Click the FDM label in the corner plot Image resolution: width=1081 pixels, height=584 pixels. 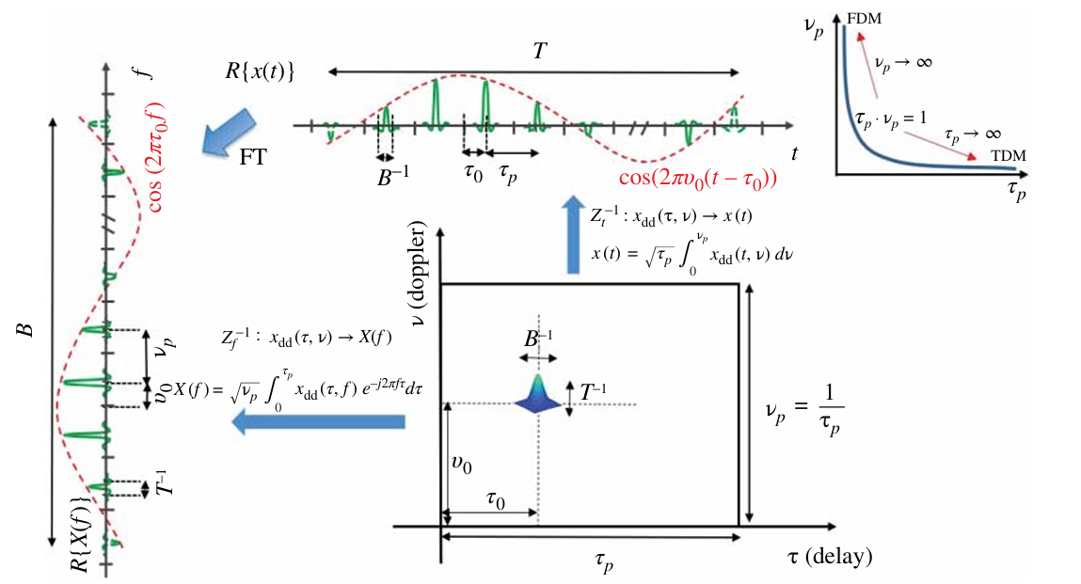point(865,17)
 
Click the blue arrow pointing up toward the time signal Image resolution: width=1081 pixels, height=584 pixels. point(572,234)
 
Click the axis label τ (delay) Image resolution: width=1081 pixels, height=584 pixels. point(829,556)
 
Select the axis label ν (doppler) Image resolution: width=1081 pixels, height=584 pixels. point(421,270)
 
